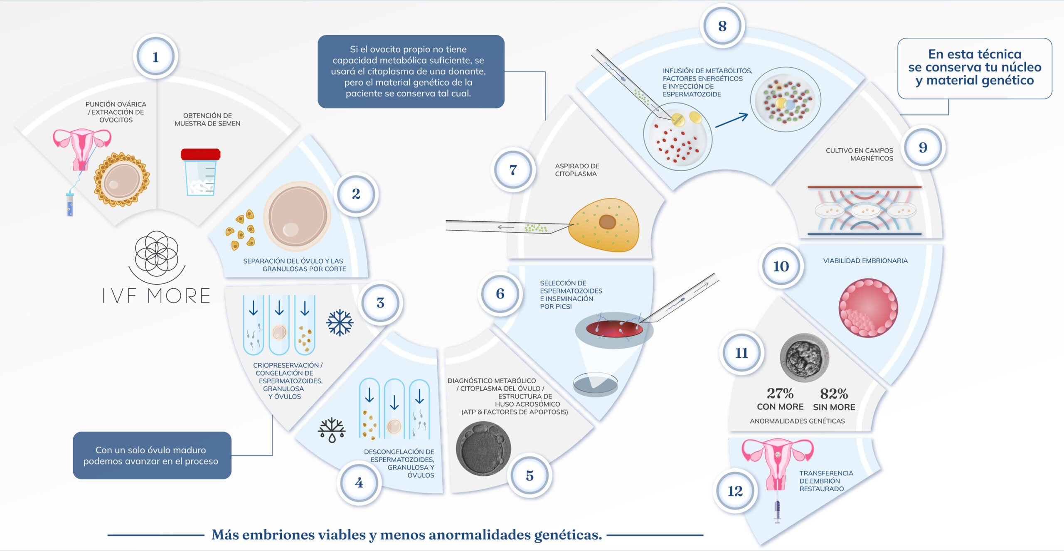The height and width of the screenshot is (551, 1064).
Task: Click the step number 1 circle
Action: point(155,57)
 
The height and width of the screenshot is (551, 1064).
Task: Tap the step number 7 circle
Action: point(513,170)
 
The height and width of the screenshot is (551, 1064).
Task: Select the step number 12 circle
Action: point(735,491)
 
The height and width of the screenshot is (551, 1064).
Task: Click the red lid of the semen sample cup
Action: point(200,154)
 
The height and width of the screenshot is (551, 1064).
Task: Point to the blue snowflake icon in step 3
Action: point(340,322)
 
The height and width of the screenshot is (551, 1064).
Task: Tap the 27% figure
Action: point(780,393)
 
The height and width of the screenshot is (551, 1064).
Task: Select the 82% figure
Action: point(834,393)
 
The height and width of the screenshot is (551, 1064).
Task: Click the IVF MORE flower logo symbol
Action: point(157,253)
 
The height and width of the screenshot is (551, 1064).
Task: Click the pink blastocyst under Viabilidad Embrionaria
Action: point(868,307)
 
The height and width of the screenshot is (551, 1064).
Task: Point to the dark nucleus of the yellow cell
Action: point(607,222)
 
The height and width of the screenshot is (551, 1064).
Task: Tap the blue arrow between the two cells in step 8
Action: point(731,120)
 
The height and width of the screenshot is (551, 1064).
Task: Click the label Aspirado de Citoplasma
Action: point(577,170)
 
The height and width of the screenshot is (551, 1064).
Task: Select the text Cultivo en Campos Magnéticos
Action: point(860,154)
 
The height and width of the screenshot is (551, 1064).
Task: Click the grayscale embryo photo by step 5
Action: point(483,448)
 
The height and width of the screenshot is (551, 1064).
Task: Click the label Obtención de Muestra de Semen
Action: point(207,119)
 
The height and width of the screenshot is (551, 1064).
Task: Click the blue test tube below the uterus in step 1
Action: point(70,204)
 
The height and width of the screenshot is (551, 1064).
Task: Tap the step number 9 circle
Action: point(923,147)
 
